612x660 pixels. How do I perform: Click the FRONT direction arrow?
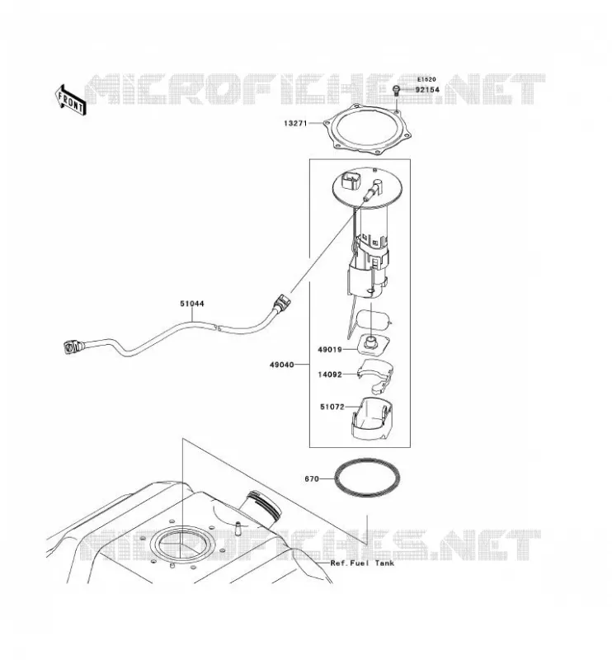(x=70, y=100)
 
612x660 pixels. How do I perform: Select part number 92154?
(x=427, y=90)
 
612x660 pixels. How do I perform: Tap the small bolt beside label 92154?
(x=396, y=91)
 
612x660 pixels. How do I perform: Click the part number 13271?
(x=295, y=123)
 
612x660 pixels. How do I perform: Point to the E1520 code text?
(x=426, y=79)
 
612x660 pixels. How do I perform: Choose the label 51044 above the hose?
(x=192, y=304)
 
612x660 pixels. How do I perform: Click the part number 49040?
(x=281, y=365)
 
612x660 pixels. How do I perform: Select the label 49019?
(x=330, y=349)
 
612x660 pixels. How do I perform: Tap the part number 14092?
(x=330, y=375)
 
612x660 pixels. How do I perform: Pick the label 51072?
(x=332, y=407)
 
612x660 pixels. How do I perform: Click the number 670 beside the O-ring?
(x=312, y=478)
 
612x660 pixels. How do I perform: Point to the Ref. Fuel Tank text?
(x=362, y=563)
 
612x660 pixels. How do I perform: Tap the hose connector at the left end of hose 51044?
(x=73, y=346)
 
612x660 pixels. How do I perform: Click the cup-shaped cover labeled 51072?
(x=373, y=418)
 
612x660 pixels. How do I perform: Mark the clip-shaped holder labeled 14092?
(x=375, y=375)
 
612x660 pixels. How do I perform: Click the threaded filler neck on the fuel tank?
(x=261, y=508)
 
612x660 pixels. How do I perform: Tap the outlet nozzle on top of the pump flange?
(x=374, y=191)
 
